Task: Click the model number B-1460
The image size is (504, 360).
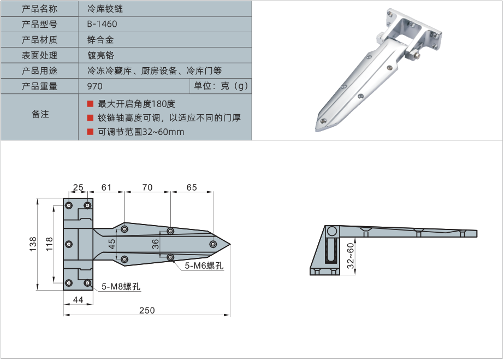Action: pos(102,24)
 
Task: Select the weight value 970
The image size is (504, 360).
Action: pos(94,86)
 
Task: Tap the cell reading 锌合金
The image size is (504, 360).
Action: pos(100,40)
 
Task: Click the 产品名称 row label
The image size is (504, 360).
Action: pos(39,9)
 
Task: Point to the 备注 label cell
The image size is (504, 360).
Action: pos(40,114)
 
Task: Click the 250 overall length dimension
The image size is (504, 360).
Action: pos(147,310)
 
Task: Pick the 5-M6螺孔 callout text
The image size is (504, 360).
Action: pos(204,266)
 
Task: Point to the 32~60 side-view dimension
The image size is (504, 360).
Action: pos(351,254)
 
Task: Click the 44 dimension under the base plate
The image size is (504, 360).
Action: pos(78,299)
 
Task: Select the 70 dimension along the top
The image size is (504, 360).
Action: pos(147,187)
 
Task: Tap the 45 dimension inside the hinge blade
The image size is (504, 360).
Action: pos(112,244)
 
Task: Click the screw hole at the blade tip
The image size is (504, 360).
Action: pos(213,244)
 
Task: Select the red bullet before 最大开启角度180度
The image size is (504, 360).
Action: pos(90,104)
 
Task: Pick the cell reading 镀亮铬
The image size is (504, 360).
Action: pos(100,55)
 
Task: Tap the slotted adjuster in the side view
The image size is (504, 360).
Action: pos(331,252)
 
